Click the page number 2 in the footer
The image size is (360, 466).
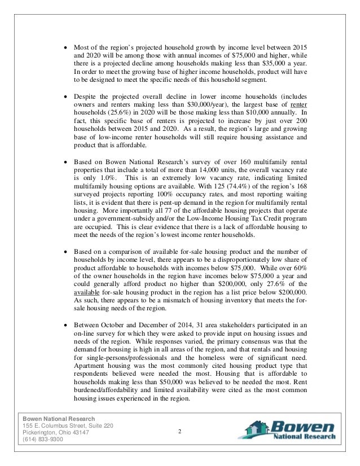[178, 432]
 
